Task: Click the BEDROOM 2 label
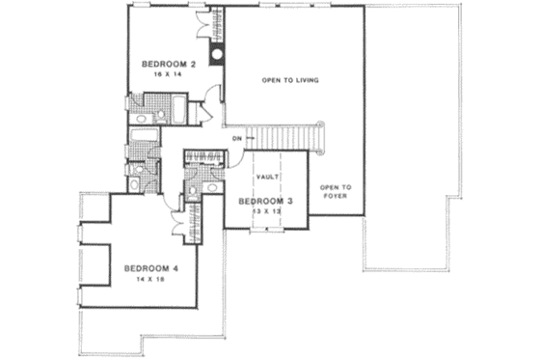coord(169,65)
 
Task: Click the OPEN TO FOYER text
coord(335,191)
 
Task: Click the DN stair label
coord(235,139)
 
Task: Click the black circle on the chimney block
coord(218,54)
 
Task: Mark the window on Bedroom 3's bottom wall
coord(264,231)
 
